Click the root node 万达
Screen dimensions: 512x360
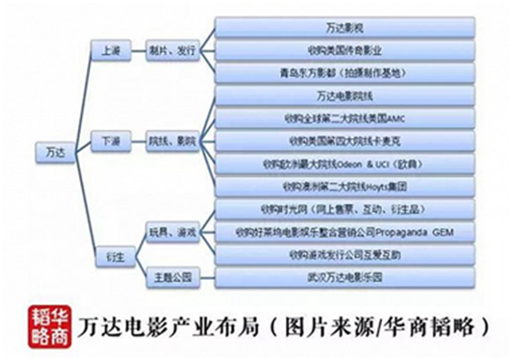click(x=52, y=153)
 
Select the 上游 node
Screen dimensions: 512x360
click(x=111, y=51)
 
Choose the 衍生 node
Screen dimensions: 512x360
click(x=111, y=253)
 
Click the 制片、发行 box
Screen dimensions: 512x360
click(x=173, y=51)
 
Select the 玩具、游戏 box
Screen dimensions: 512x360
click(x=173, y=232)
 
